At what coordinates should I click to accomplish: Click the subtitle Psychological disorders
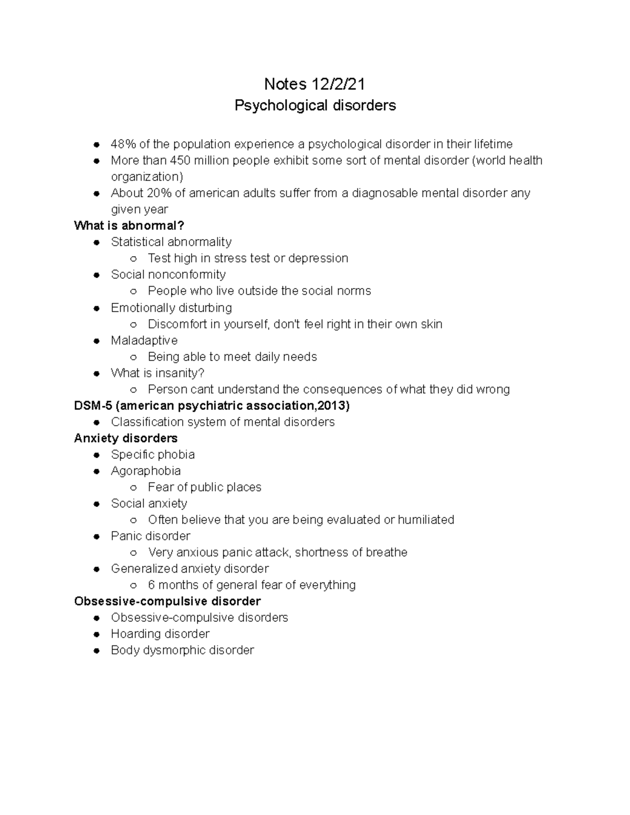tap(315, 105)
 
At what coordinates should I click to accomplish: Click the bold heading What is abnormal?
tap(129, 226)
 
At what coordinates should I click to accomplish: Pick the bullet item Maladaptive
tap(144, 340)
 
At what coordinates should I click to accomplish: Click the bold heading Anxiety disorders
tap(126, 438)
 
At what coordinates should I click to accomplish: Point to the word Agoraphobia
tap(146, 471)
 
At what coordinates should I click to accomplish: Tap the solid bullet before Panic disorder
tap(97, 536)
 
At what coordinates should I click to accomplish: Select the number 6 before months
tap(151, 585)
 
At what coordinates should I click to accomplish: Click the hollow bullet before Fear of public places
tap(134, 488)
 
